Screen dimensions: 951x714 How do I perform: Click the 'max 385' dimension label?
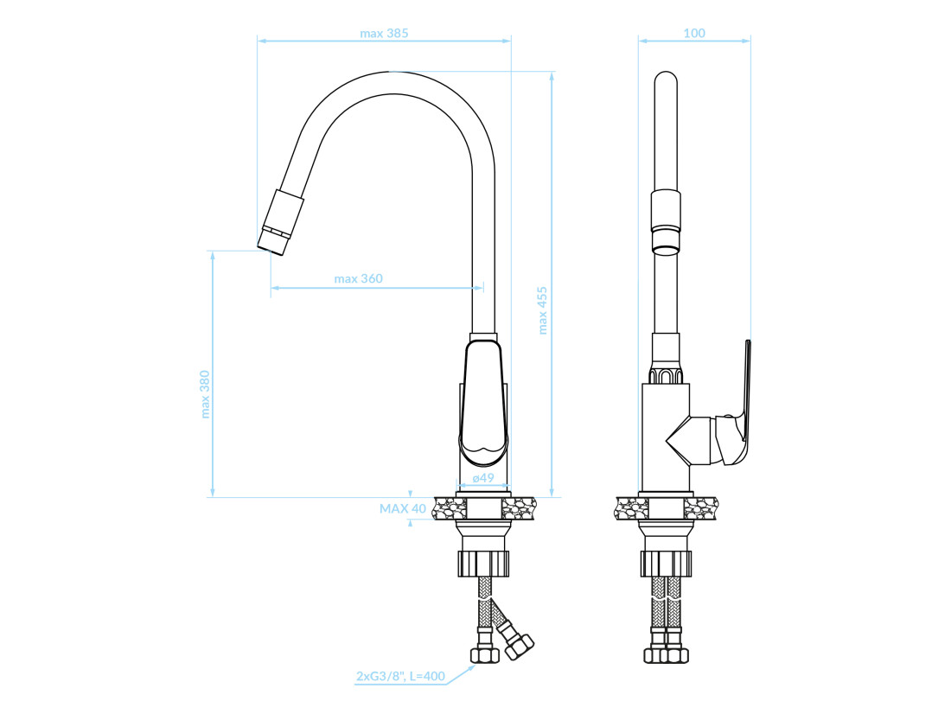pos(384,34)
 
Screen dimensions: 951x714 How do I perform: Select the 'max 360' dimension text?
pos(359,278)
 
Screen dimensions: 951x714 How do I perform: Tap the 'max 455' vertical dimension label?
pos(542,310)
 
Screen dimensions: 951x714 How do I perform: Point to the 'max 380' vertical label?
pos(204,394)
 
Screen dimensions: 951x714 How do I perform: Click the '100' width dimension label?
pos(694,33)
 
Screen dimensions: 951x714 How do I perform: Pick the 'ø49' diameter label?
pos(483,477)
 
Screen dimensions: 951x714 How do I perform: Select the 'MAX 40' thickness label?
pos(403,508)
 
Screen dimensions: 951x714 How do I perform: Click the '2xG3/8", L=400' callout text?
pos(401,676)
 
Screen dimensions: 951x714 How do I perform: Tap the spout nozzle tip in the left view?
pos(272,241)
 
